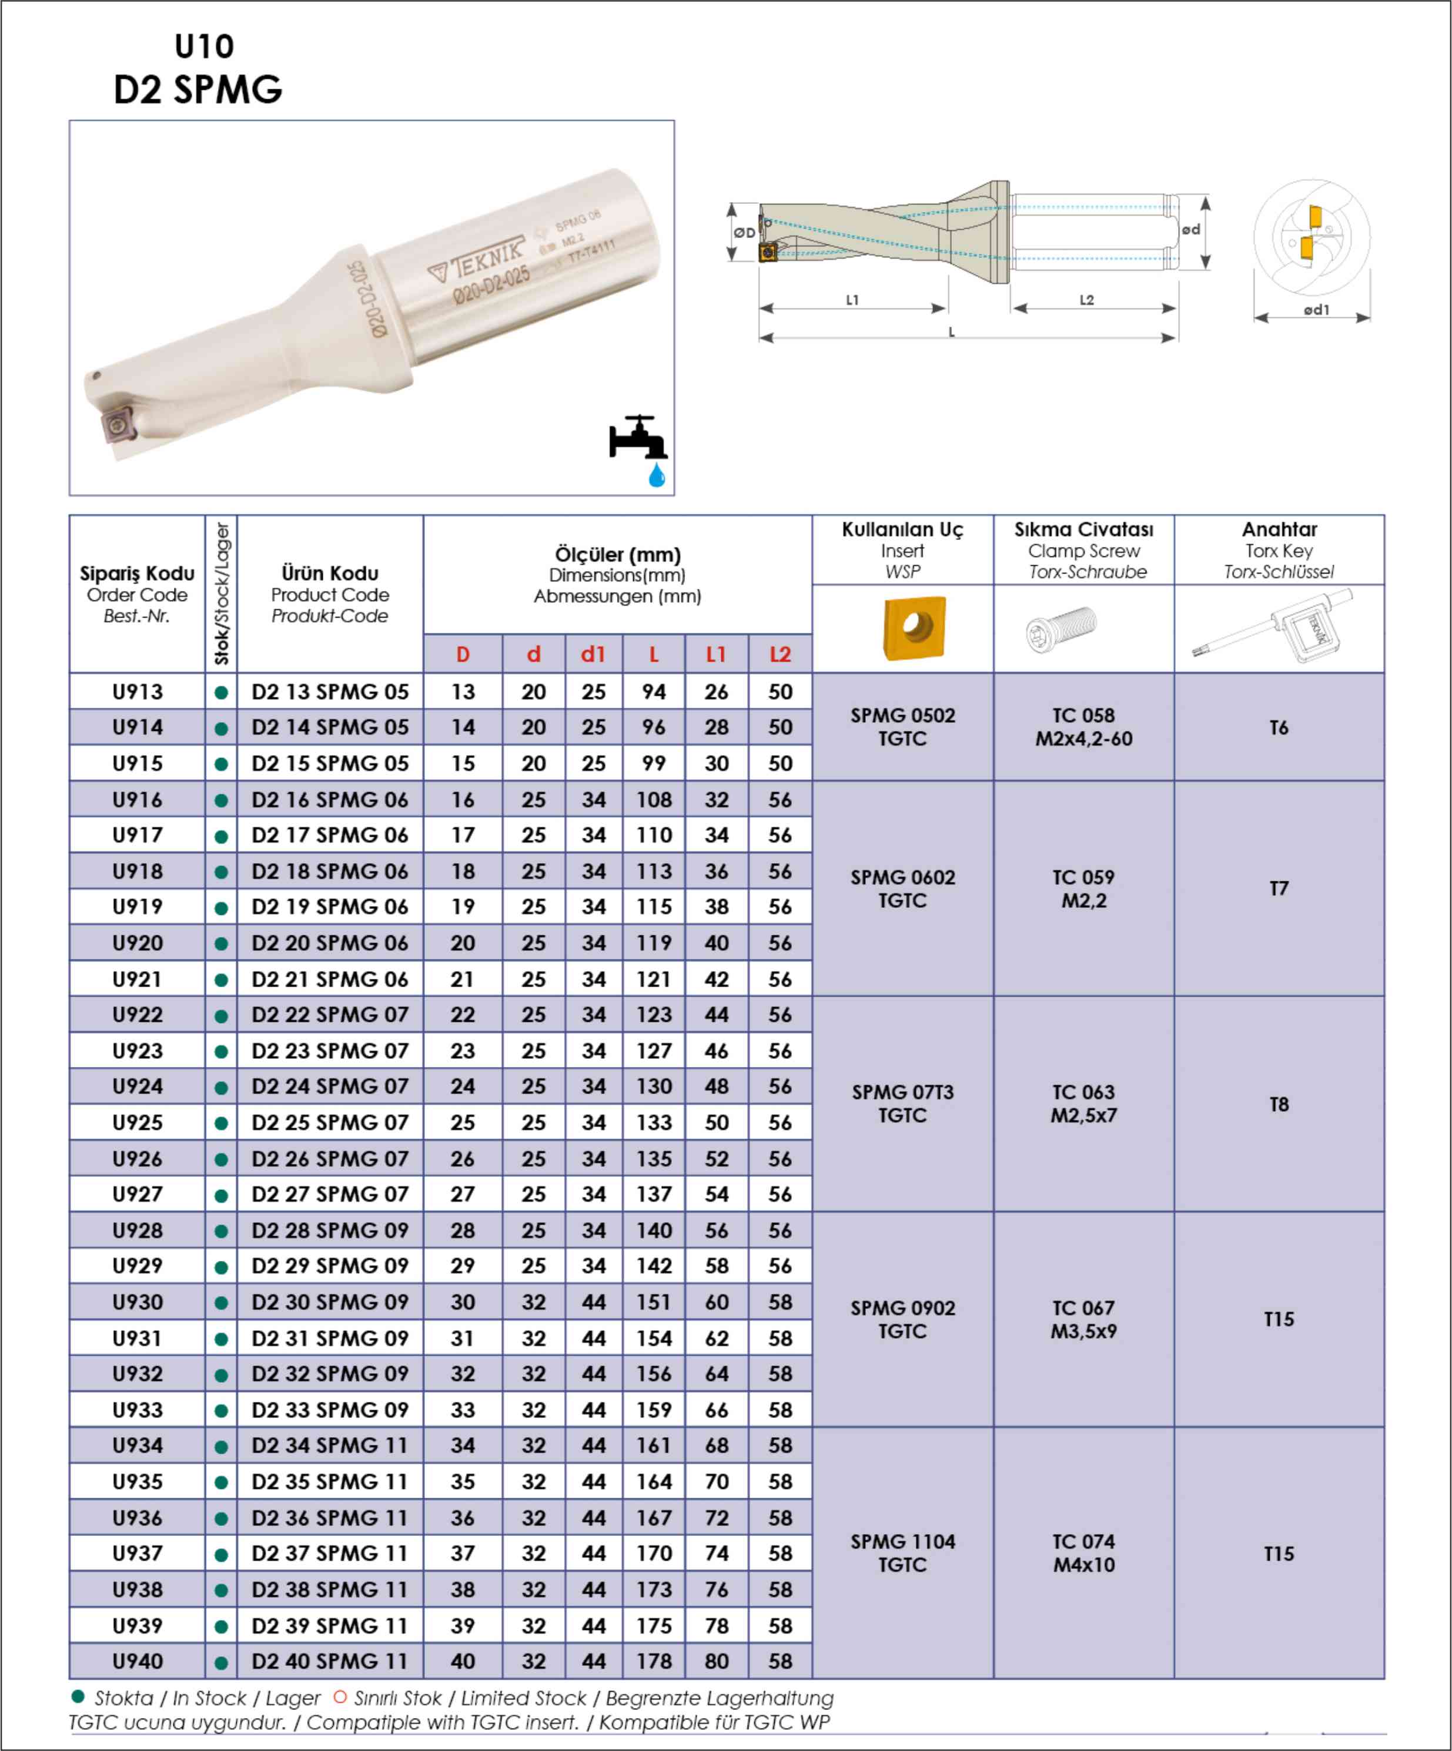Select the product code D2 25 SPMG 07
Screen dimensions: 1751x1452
pyautogui.click(x=330, y=1122)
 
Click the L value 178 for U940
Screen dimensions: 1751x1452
pyautogui.click(x=654, y=1661)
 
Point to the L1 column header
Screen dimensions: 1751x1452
pyautogui.click(x=717, y=655)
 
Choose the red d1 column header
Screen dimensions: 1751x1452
pyautogui.click(x=593, y=655)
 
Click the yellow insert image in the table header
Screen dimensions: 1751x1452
pyautogui.click(x=914, y=627)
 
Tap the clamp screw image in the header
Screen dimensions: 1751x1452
pyautogui.click(x=1062, y=628)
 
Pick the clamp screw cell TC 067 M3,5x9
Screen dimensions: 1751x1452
pyautogui.click(x=1083, y=1319)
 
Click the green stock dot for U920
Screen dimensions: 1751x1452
pyautogui.click(x=221, y=944)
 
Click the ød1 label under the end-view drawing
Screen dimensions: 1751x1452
pyautogui.click(x=1316, y=310)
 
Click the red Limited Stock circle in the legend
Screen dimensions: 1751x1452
pyautogui.click(x=339, y=1697)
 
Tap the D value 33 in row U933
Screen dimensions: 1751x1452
pyautogui.click(x=463, y=1410)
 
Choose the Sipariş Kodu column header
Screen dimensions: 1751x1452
pyautogui.click(x=138, y=573)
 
